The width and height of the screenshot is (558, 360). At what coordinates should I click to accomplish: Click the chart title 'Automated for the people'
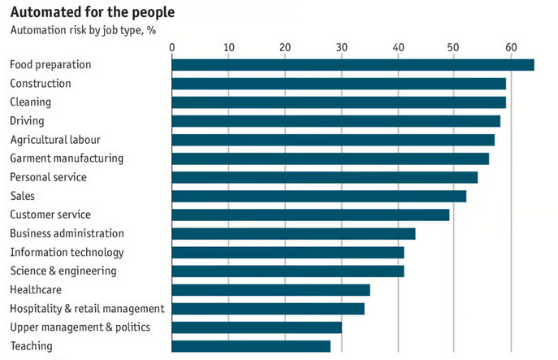coord(91,13)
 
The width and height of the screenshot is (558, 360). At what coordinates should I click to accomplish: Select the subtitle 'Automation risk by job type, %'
coord(83,30)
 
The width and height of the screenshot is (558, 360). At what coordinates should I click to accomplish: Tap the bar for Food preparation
coord(353,65)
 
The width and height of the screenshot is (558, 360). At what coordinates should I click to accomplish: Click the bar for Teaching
coord(251,346)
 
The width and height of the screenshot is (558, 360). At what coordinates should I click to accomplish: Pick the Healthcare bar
coord(270,290)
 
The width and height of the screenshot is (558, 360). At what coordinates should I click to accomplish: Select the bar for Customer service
coord(310,215)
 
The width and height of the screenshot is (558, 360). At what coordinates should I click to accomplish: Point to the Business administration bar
coord(293,234)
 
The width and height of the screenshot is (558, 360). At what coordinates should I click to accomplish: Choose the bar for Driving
coord(335,121)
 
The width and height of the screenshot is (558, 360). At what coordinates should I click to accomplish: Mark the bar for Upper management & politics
coord(257,327)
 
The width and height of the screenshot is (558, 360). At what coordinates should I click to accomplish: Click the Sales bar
coord(318,196)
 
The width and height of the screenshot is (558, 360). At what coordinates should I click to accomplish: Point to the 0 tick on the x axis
coord(172,48)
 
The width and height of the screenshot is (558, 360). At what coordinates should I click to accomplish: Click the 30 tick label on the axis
coord(341,48)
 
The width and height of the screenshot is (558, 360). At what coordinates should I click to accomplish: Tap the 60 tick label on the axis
coord(511,48)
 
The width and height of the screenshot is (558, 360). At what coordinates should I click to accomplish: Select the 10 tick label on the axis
coord(229,48)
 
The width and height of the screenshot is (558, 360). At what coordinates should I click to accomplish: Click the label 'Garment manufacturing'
coord(67,158)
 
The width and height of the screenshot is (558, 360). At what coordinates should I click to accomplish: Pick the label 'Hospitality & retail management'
coord(87,309)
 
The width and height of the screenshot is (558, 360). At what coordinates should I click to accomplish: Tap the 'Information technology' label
coord(67,253)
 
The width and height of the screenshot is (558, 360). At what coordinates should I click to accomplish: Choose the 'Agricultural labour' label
coord(55,140)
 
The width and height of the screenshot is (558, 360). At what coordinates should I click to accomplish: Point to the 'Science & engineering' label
coord(63,271)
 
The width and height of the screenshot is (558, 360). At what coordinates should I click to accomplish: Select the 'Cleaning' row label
coord(30,102)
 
